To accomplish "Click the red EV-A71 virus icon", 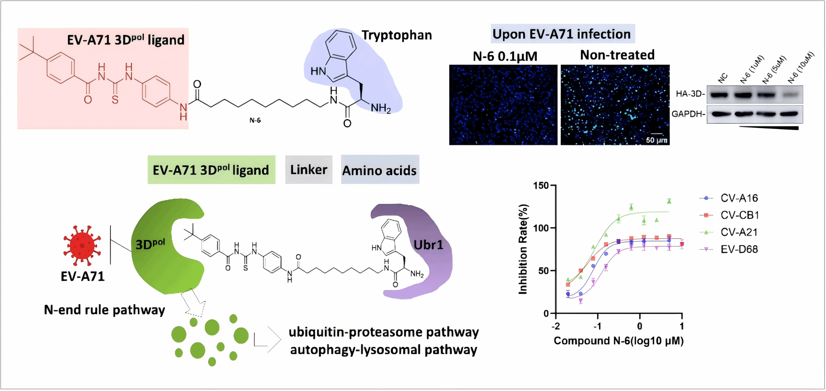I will (82, 246).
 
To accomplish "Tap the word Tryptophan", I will (397, 35).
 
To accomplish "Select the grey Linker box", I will (309, 170).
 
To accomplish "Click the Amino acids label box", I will (380, 170).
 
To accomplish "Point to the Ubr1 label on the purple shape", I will (428, 245).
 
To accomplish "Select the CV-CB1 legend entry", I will (739, 215).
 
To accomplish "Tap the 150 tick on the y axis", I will (541, 185).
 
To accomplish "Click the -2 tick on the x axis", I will (556, 326).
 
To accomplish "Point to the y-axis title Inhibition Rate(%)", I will (523, 249).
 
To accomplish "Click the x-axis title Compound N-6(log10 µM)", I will (618, 341).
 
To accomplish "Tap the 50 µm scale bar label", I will (656, 140).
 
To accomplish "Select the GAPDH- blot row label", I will (689, 114).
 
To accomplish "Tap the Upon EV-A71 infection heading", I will (562, 34).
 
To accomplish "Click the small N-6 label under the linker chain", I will (255, 120).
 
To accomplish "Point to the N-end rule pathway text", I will (104, 310).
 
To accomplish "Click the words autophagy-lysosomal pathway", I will (384, 350).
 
